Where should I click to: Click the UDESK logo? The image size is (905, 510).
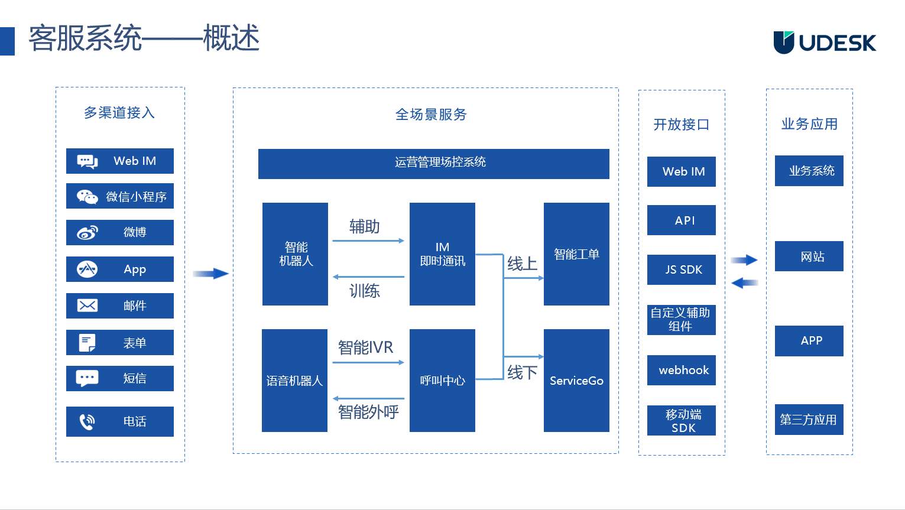[825, 43]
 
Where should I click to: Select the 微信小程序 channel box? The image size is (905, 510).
[120, 197]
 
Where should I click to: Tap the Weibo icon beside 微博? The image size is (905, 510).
[87, 233]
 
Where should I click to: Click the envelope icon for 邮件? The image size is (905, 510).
[87, 306]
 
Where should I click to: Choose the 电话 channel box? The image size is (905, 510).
[120, 421]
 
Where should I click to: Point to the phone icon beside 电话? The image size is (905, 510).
[87, 421]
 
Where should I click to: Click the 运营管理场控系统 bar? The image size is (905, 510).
[433, 164]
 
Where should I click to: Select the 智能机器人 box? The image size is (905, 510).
[295, 254]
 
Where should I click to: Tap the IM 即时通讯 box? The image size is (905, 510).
[442, 254]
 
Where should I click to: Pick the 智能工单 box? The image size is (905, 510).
[576, 254]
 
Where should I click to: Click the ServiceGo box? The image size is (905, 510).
[576, 381]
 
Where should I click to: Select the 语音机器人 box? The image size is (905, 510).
[294, 381]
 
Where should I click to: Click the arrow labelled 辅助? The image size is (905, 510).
[368, 241]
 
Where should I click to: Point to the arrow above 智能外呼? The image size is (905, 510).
[368, 399]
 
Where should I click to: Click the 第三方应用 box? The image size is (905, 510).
[809, 420]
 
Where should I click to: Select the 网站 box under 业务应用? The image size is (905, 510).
[809, 256]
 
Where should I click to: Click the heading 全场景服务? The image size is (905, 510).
[431, 115]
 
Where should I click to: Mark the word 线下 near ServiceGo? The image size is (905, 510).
[522, 372]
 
